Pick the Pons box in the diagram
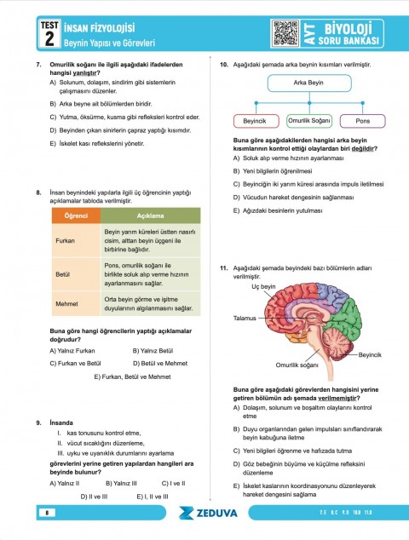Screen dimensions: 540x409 [x=362, y=121]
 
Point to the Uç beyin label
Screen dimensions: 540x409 [x=263, y=287]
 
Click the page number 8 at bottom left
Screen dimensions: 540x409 [x=49, y=513]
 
